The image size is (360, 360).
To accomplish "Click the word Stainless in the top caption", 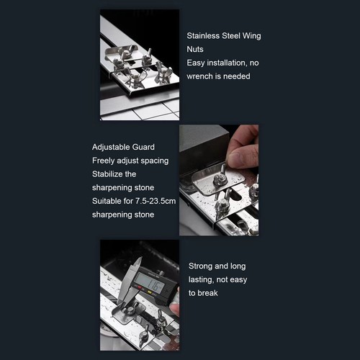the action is [203, 36].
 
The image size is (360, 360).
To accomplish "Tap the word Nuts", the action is [195, 49].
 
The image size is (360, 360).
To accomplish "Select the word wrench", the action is [199, 76].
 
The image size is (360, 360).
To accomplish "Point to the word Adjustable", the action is [111, 147].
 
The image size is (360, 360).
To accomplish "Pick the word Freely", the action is [103, 161].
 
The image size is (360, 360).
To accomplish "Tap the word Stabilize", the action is [107, 174].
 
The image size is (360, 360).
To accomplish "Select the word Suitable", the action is [107, 201].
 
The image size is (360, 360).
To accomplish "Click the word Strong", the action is [201, 266].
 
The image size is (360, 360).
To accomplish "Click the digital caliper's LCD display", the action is [150, 283].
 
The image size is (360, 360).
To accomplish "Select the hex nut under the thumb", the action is [221, 179].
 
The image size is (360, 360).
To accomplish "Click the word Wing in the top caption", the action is [251, 36].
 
